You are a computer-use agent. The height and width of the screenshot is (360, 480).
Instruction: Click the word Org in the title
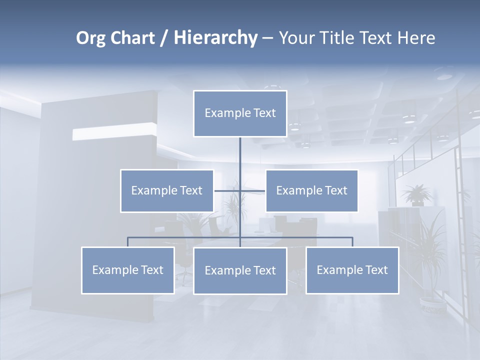point(90,38)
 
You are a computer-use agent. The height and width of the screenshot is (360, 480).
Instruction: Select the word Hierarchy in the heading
point(215,38)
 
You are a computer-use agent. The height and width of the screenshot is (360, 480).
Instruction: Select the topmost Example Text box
point(240,113)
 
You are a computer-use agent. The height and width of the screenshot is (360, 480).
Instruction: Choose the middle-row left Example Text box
point(166,191)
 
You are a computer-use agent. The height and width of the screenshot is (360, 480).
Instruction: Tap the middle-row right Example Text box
point(311,191)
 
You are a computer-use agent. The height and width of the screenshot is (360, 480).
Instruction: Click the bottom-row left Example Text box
point(127,270)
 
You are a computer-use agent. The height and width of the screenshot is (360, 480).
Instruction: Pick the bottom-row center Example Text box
point(240,271)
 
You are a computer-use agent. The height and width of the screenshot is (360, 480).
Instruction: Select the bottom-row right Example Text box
point(352,270)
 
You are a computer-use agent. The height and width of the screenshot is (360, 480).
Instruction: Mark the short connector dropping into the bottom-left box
point(127,242)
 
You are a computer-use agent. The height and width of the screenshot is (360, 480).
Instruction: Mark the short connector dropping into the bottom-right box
point(352,242)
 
